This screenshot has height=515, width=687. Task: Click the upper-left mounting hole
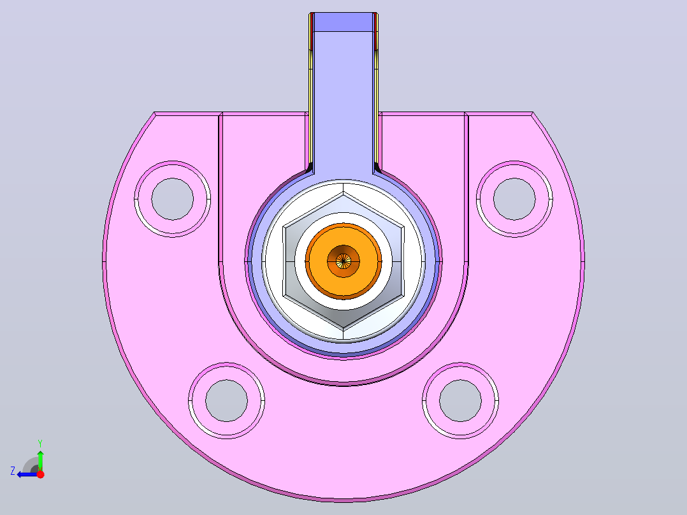tap(172, 199)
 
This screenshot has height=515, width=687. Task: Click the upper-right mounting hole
tap(514, 199)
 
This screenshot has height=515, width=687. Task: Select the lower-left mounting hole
tap(226, 401)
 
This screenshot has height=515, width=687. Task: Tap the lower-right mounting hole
tap(461, 401)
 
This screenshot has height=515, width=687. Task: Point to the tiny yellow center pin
tap(343, 261)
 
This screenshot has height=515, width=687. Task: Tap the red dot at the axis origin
tap(40, 474)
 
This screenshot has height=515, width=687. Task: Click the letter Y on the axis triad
tap(40, 443)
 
